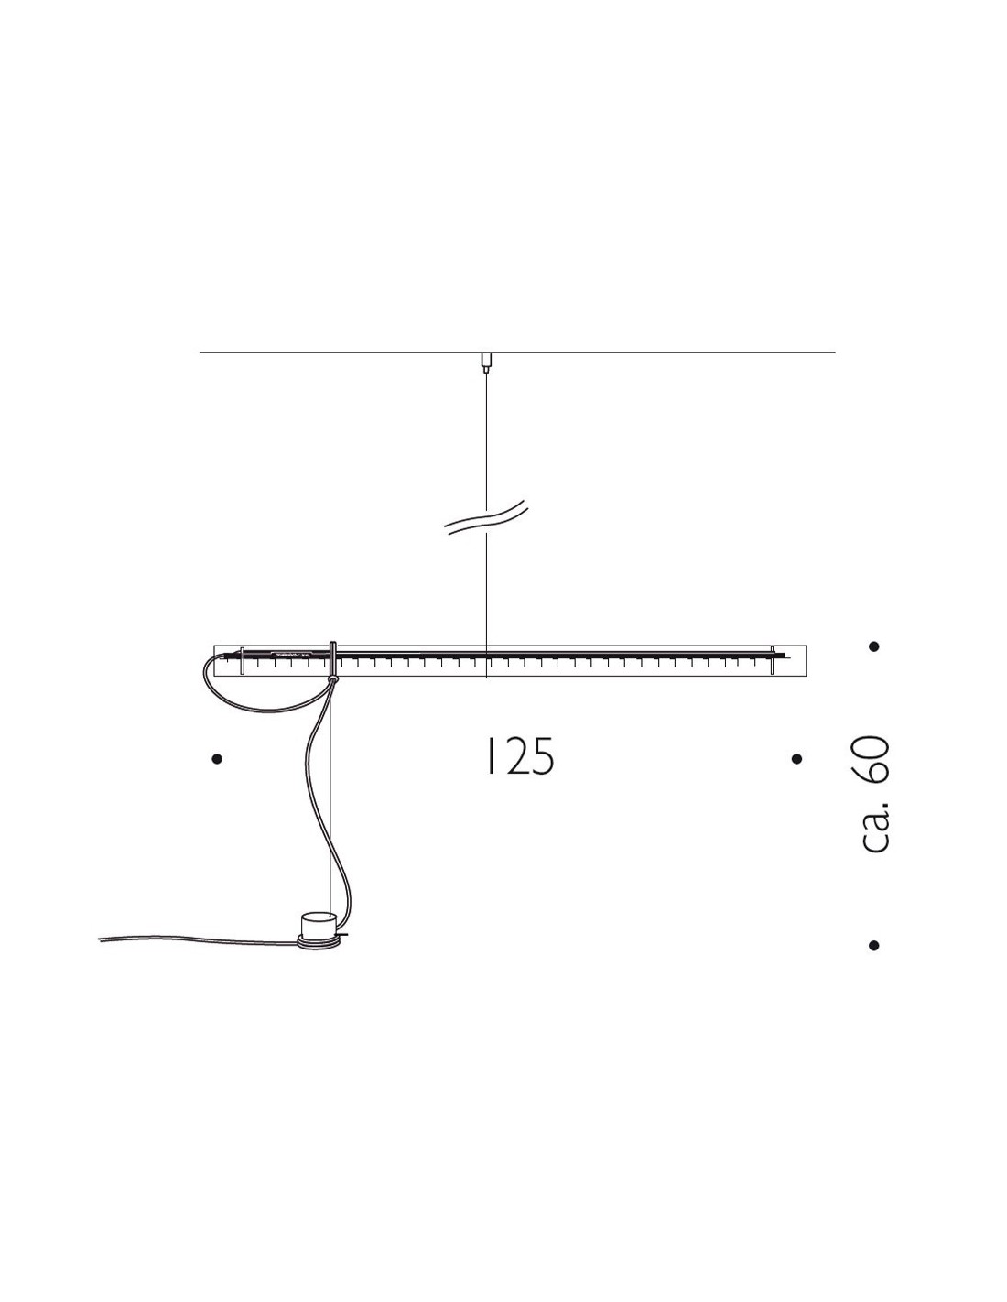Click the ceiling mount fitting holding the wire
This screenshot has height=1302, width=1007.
[486, 362]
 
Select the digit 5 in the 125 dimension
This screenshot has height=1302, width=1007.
[542, 757]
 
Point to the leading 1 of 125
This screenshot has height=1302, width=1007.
[490, 757]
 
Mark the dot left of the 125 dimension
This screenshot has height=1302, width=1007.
[218, 759]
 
